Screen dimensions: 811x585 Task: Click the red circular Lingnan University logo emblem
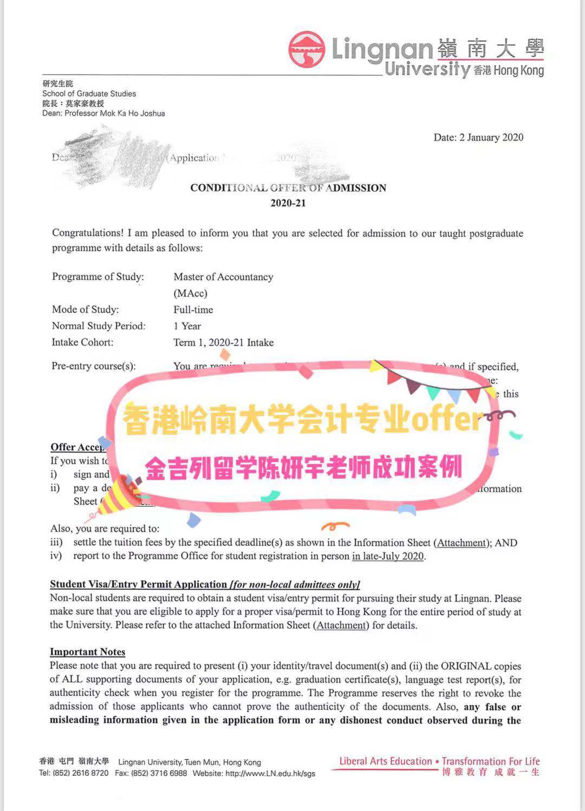pos(307,49)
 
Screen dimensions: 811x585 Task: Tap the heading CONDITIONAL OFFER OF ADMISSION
pos(288,188)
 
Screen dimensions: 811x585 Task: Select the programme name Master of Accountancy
pos(223,276)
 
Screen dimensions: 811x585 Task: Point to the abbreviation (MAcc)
pos(190,293)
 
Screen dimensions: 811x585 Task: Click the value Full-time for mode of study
pos(193,310)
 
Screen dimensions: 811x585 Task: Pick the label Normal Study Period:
pos(99,326)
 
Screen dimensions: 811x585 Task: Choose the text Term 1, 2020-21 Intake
pos(223,342)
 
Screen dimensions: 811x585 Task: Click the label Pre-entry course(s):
pos(94,366)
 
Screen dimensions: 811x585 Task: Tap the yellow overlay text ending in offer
pos(302,419)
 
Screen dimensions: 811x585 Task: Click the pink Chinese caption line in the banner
pos(303,467)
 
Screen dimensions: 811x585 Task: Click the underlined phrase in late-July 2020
pos(388,556)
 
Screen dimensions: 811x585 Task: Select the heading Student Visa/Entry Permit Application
pos(139,584)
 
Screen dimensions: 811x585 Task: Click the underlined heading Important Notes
pos(88,652)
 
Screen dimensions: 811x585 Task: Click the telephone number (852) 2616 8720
pos(81,773)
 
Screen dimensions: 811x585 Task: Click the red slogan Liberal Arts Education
pos(386,761)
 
